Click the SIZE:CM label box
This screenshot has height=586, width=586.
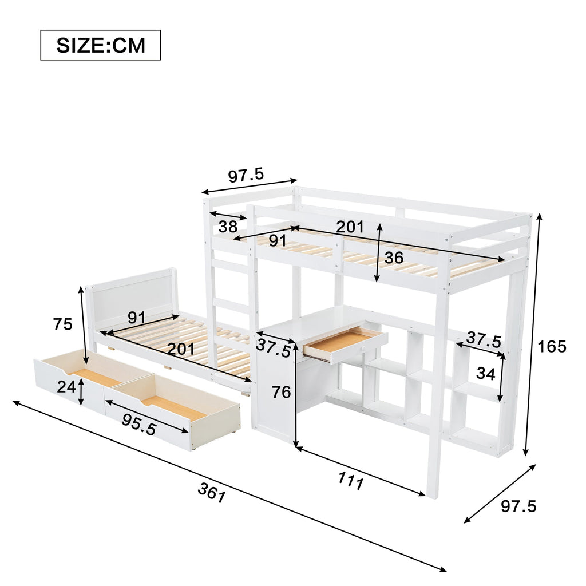(101, 45)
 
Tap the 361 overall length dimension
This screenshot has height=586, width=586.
(212, 493)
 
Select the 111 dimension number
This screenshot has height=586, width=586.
(351, 481)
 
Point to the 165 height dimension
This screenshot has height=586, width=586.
(552, 347)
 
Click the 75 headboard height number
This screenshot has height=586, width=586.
(62, 324)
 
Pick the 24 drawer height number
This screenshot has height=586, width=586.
(66, 387)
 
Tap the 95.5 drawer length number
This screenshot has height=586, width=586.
(138, 425)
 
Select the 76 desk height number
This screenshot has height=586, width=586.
(281, 392)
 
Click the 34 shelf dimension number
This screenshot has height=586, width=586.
(486, 373)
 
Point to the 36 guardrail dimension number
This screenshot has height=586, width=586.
(394, 258)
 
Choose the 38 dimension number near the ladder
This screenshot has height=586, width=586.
(228, 227)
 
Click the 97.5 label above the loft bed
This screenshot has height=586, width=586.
(246, 175)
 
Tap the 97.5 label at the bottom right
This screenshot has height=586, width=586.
(518, 506)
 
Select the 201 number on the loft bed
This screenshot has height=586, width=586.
(350, 227)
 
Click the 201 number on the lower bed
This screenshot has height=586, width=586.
(181, 349)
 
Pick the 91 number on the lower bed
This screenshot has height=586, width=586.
(136, 318)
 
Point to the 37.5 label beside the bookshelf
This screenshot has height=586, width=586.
(484, 339)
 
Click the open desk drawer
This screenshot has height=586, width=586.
(345, 343)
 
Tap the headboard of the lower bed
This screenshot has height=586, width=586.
(132, 299)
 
